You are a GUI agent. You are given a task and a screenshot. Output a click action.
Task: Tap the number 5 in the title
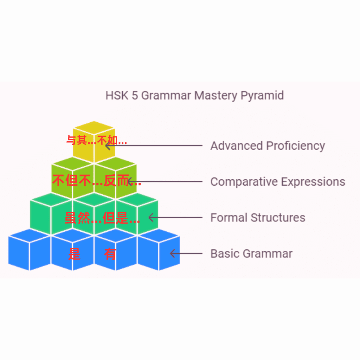pos(135,95)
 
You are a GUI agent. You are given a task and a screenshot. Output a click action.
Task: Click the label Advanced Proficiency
pos(268,146)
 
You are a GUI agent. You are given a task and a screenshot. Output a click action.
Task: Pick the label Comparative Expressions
pos(278,182)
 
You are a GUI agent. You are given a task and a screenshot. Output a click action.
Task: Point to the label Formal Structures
pos(258,218)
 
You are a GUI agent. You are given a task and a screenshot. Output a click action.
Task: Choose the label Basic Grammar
pos(251,253)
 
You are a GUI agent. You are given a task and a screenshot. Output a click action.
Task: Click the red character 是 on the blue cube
pos(74,254)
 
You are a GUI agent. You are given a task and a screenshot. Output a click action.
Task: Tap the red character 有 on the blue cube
pos(110,254)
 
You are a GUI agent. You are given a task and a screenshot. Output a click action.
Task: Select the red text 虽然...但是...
pos(102,218)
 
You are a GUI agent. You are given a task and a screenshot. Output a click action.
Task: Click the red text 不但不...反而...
pos(96,181)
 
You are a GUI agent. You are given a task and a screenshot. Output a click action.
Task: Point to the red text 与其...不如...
pos(96,141)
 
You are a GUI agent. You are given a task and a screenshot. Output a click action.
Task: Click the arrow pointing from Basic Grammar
pos(186,253)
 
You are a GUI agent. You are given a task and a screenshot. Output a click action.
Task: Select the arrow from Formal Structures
pos(175,218)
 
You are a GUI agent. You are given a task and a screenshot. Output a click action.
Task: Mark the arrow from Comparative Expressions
pos(165,182)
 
